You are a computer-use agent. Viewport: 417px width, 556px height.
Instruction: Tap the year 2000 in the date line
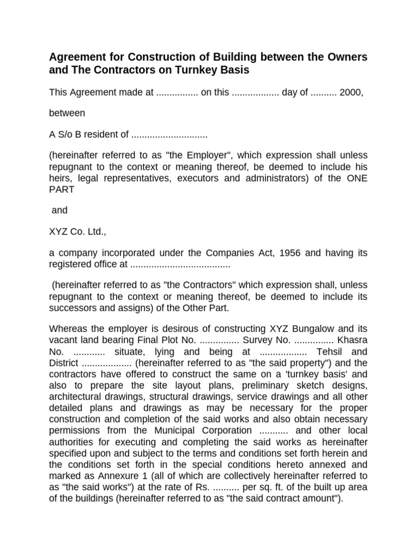[351, 93]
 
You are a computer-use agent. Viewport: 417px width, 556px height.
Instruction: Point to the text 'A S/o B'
[65, 134]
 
